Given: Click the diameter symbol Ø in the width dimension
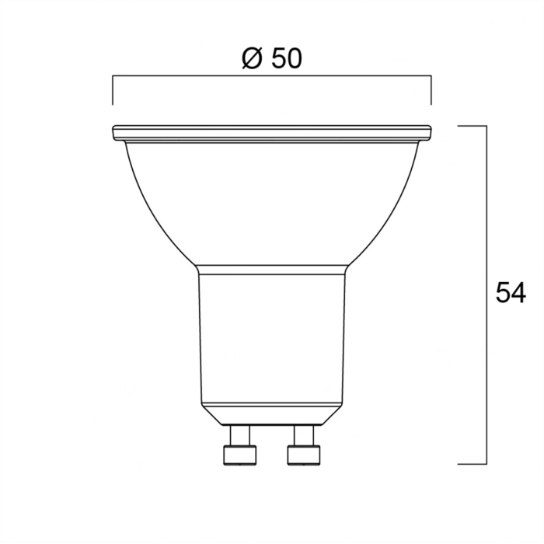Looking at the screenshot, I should pos(252,59).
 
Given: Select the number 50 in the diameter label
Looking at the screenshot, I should pos(286,59).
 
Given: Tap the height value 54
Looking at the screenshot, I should pos(510,293).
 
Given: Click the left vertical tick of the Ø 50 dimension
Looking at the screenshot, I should pos(113,89).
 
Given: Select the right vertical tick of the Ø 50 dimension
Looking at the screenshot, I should pos(431,89).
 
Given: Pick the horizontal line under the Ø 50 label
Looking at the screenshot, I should pos(272,75).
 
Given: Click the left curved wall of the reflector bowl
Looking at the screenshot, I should pos(148,210).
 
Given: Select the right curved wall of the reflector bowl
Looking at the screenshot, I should pos(396,210).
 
